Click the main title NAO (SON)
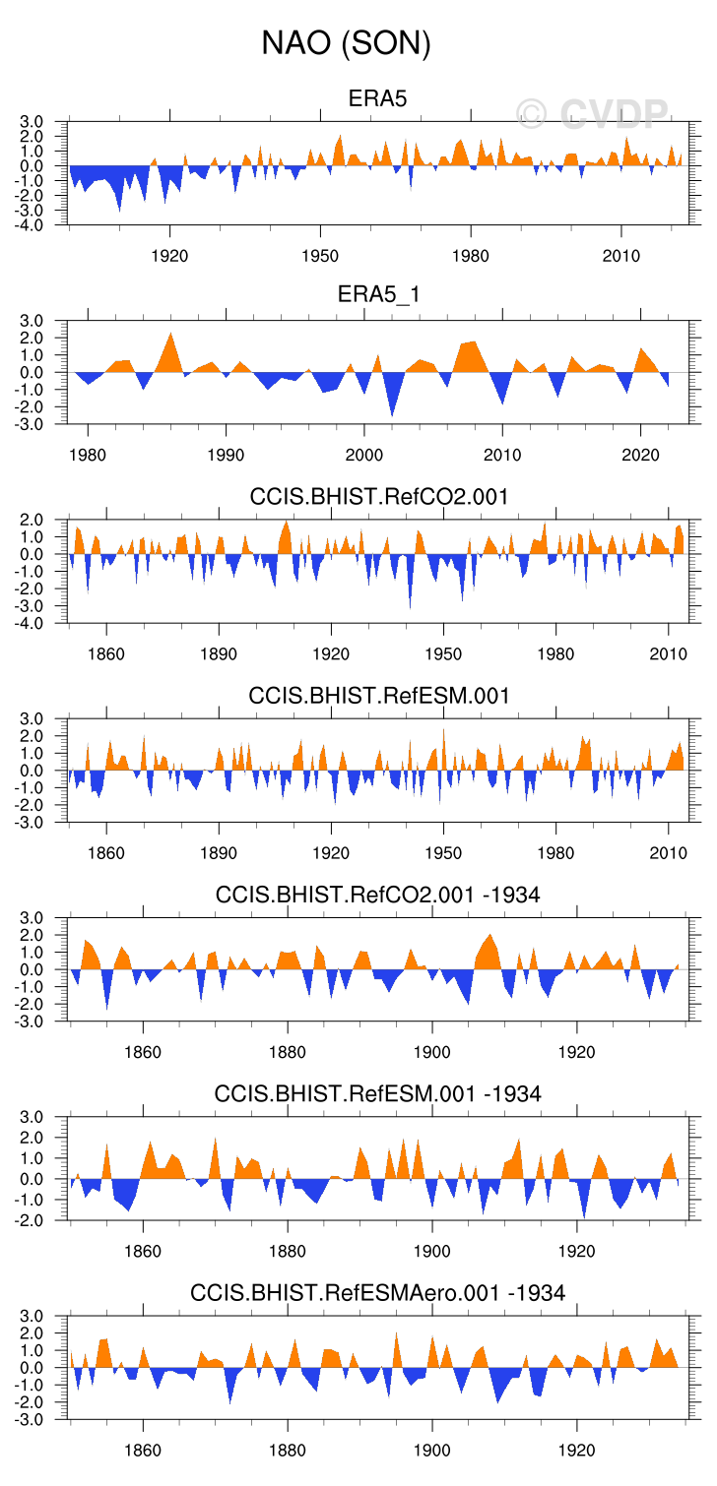[x=346, y=43]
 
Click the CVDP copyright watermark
[x=593, y=114]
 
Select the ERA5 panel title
[x=377, y=98]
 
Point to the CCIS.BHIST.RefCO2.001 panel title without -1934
[x=379, y=496]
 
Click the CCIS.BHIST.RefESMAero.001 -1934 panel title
[x=377, y=1291]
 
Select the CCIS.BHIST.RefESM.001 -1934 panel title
[x=377, y=1092]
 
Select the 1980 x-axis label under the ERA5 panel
[x=471, y=256]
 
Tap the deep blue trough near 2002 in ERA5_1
[x=392, y=412]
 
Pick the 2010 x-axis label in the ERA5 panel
[x=620, y=256]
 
